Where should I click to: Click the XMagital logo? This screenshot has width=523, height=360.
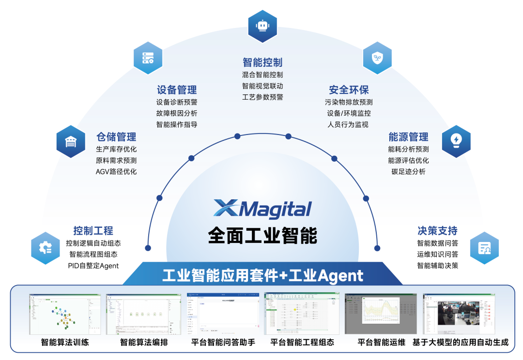tap(262, 209)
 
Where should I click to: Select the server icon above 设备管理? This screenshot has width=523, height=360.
tap(148, 58)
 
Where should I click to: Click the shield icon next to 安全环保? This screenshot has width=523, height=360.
tap(377, 58)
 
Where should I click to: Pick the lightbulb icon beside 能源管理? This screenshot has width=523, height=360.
tap(456, 141)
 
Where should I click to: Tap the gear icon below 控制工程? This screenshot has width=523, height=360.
tap(46, 248)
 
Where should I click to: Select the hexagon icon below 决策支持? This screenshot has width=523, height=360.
tap(484, 248)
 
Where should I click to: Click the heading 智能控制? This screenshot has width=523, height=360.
tap(262, 62)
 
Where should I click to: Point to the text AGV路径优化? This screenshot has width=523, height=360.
tap(116, 172)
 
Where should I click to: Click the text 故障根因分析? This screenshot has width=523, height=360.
tap(177, 113)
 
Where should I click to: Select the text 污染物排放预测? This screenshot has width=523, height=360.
tap(349, 102)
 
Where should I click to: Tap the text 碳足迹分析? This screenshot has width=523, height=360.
tap(408, 172)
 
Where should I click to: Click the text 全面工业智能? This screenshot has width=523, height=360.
tap(262, 236)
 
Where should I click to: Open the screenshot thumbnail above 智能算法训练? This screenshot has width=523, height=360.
tap(65, 314)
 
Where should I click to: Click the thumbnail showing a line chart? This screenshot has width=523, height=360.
tap(381, 314)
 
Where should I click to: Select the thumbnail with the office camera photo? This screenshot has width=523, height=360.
tap(459, 314)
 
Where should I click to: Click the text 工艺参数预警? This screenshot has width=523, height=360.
tap(262, 97)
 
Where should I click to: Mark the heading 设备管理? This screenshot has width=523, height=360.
tap(177, 90)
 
